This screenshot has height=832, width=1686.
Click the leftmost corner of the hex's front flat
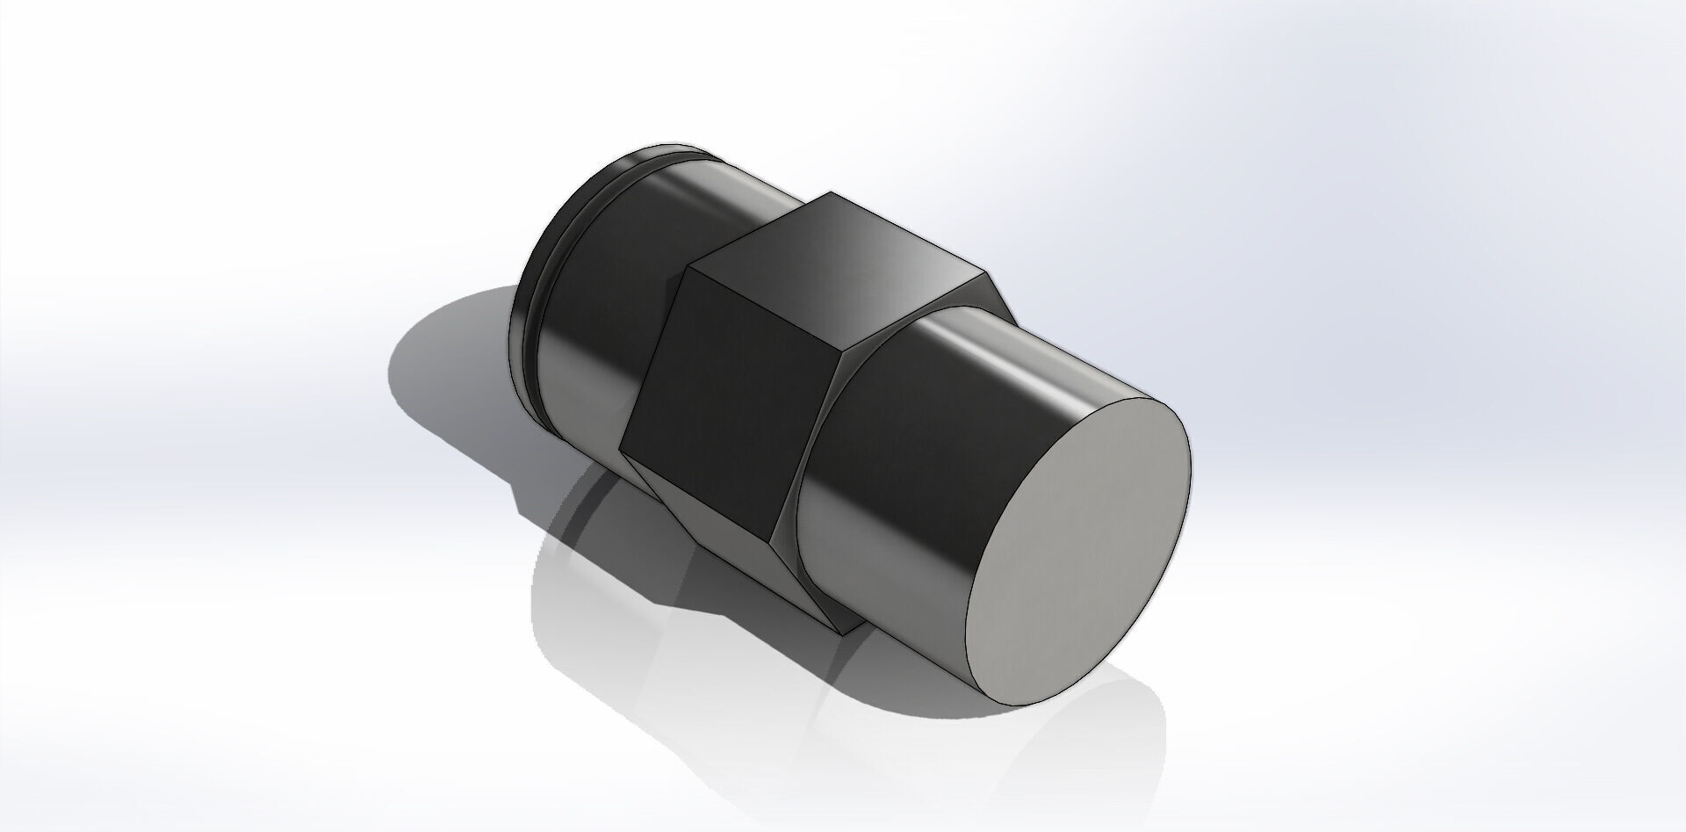621,453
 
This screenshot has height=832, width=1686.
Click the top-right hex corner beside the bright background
981,271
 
